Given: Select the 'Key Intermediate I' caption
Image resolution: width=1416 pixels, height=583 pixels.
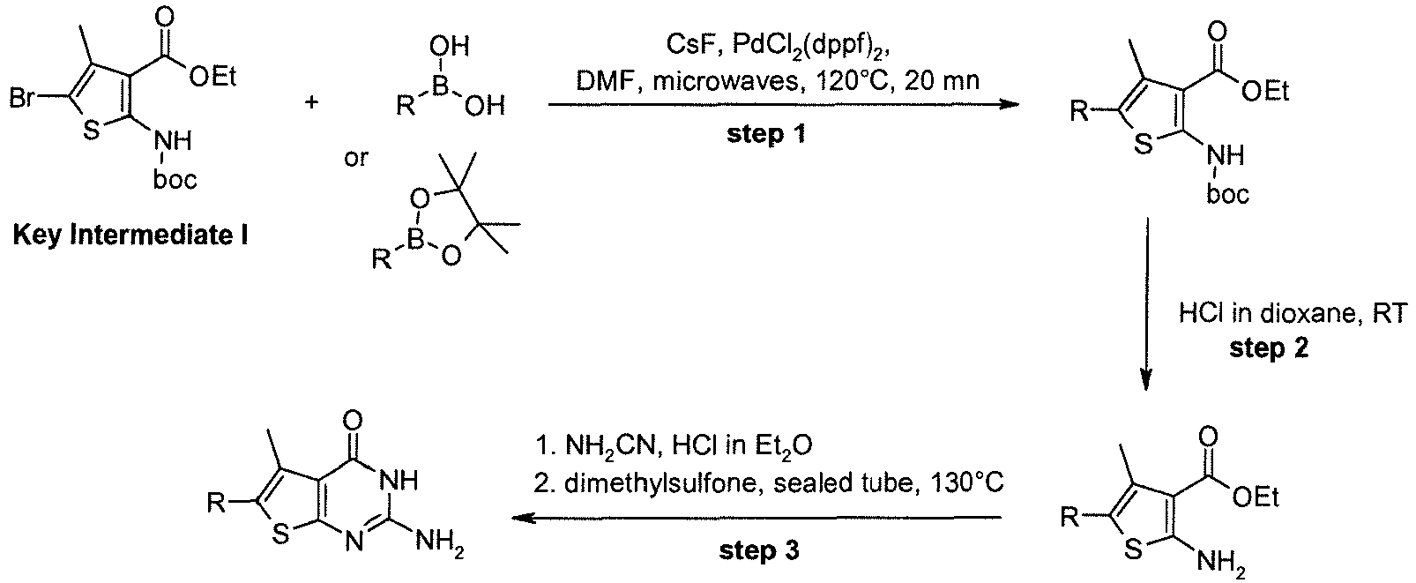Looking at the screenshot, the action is coord(130,235).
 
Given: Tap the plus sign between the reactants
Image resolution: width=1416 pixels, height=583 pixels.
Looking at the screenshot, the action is coord(311,101).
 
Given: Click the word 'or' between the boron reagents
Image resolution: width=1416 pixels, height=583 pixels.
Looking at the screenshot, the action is coord(356,158).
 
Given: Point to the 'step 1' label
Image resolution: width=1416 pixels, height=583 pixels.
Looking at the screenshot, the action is coord(766,133).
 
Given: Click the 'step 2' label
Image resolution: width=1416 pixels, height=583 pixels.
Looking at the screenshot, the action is coord(1269,348).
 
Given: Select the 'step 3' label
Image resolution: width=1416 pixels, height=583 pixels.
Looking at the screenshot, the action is coord(758,550).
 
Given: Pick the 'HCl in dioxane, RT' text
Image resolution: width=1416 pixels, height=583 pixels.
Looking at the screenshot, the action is coord(1293,314).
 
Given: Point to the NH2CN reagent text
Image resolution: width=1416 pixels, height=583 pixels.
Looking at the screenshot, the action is coord(613,446).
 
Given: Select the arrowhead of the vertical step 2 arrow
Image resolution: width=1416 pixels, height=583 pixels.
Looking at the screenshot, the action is coord(1146,380).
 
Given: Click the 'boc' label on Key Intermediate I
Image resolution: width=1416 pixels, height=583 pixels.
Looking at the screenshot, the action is coord(175,180).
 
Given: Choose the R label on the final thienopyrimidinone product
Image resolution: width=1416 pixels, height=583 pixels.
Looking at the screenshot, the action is coord(216,504).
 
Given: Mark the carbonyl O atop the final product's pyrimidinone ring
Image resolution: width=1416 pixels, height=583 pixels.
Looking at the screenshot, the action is coord(354,421).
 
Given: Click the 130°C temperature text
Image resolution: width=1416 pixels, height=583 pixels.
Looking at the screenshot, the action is coord(968,483).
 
